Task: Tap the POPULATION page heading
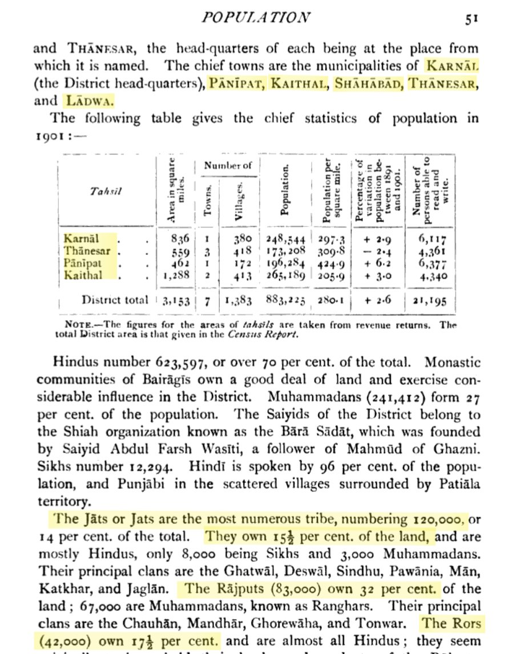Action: (x=256, y=17)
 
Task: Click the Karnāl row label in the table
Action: (x=82, y=238)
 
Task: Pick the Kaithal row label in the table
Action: (x=83, y=275)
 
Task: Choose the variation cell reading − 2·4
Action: (x=376, y=251)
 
